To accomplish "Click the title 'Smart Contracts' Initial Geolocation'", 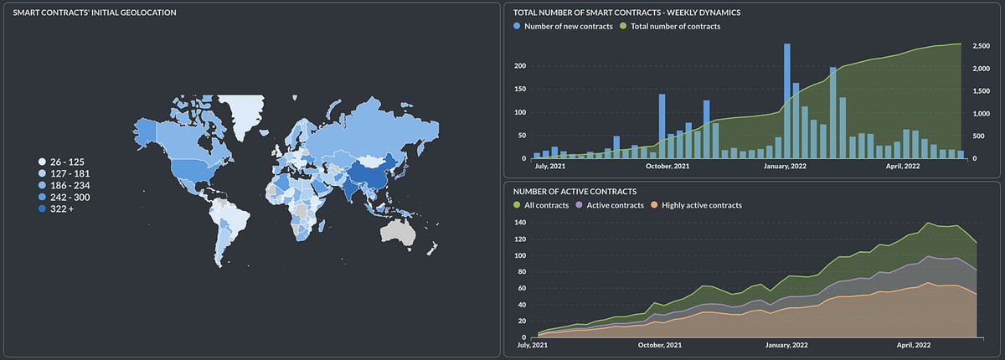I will coord(94,13).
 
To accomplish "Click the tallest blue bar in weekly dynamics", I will coord(787,100).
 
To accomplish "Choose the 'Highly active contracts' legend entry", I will coord(701,205).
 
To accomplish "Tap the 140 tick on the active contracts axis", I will coord(521,223).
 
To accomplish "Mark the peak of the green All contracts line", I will coord(929,223).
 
